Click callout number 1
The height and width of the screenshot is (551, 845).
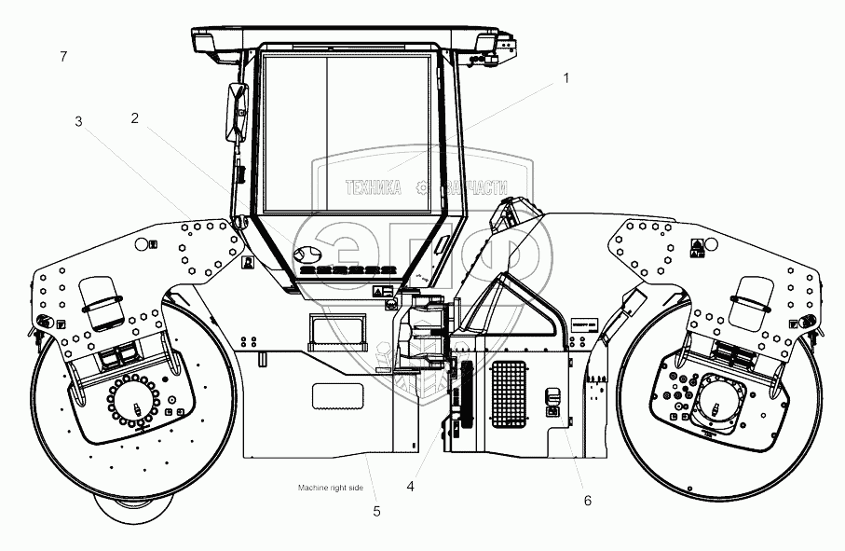[x=564, y=79]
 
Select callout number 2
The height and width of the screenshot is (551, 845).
[x=135, y=118]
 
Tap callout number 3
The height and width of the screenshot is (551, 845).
[x=79, y=121]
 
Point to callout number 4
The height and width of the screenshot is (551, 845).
[x=410, y=485]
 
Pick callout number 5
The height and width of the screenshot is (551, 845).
[x=376, y=510]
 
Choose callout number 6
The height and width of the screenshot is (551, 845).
[x=587, y=501]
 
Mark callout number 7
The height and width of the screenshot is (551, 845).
[x=62, y=57]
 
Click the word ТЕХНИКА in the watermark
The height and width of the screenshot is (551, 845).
[x=374, y=187]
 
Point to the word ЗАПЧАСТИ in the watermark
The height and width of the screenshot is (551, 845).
[x=476, y=187]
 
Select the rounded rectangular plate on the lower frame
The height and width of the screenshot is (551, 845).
[x=343, y=395]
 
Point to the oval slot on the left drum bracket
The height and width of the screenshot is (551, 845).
[x=103, y=301]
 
